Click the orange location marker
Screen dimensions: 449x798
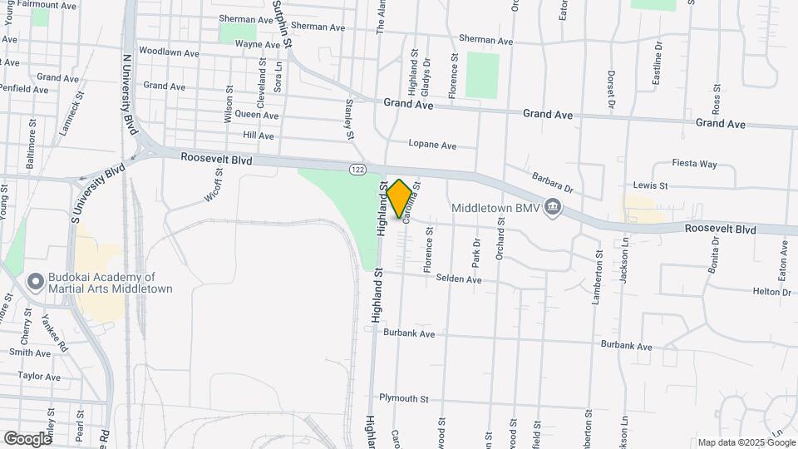[400, 198]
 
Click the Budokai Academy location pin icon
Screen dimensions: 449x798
[36, 282]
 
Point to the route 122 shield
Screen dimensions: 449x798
[357, 169]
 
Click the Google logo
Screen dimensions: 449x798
[27, 438]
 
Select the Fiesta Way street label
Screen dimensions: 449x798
[695, 164]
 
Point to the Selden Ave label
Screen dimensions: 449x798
[459, 280]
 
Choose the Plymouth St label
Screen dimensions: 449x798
[403, 399]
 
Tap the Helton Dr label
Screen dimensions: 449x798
[771, 292]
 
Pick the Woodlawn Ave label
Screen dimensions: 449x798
[169, 52]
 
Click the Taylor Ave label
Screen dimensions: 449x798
[40, 377]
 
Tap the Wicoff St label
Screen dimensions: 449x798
[214, 185]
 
